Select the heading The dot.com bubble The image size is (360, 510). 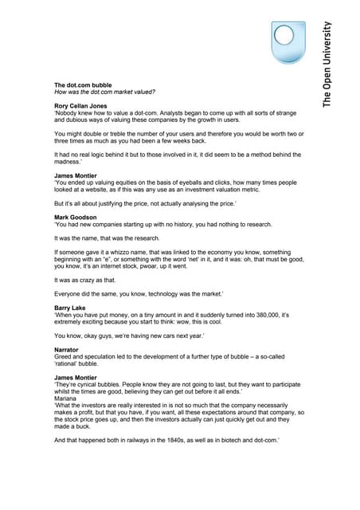click(x=83, y=84)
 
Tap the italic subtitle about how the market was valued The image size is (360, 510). click(x=99, y=92)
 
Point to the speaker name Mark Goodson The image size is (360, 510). click(x=76, y=218)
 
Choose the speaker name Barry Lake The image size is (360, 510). click(x=71, y=308)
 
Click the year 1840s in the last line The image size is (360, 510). click(x=166, y=441)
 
